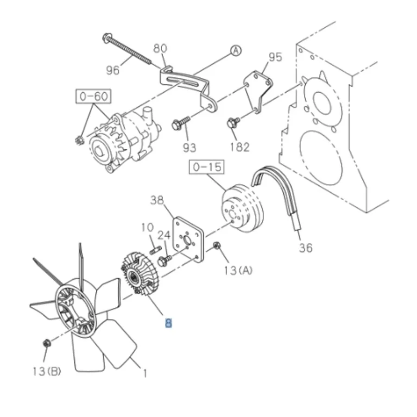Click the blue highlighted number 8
click(168, 323)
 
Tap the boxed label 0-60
click(94, 96)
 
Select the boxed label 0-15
click(207, 167)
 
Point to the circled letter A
click(236, 50)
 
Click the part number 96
click(113, 70)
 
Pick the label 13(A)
click(238, 271)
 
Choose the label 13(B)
click(47, 371)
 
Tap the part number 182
click(240, 147)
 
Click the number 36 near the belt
click(306, 248)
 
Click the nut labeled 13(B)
click(47, 343)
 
